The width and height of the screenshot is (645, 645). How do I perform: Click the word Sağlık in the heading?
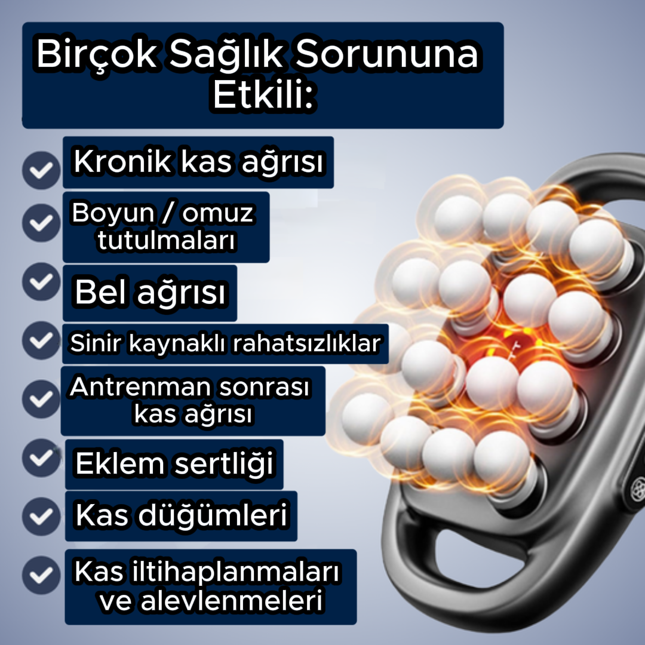pos(226,56)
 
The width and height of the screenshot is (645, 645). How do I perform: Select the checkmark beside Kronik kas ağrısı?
pos(41,170)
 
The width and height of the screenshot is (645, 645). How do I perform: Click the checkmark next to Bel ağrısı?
pos(41,282)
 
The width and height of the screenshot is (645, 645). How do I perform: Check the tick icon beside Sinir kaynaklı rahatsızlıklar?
pos(41,340)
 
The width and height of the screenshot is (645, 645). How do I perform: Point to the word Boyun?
pos(105,214)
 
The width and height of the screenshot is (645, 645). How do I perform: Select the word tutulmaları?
pos(165,241)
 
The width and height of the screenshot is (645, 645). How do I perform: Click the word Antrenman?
pos(140,388)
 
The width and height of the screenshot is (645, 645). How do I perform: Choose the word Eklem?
pos(121,464)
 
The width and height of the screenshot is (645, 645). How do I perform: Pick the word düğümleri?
pos(212,515)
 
